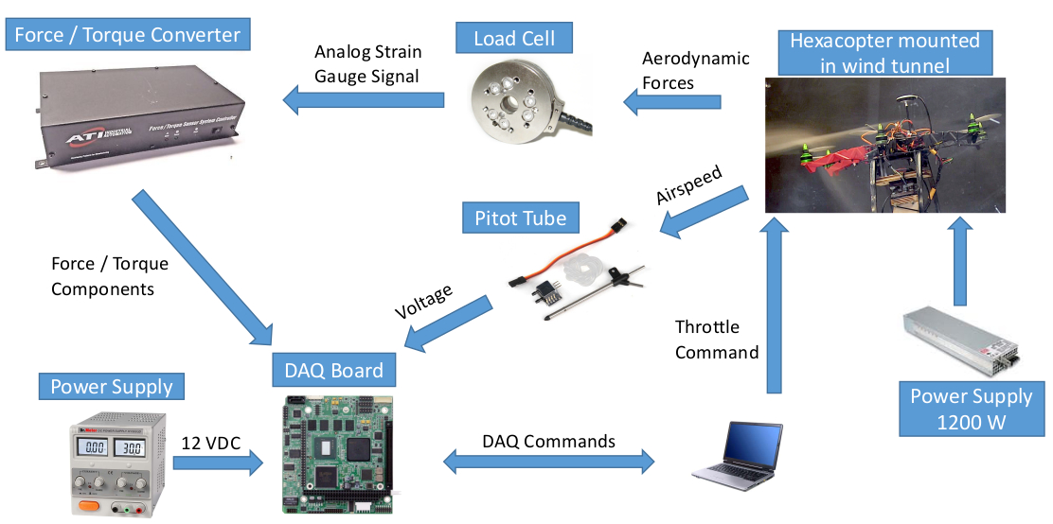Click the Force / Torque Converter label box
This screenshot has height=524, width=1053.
[127, 36]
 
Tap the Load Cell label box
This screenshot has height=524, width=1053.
[513, 39]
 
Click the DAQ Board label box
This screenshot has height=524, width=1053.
[333, 371]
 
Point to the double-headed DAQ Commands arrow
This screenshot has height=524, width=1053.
[549, 462]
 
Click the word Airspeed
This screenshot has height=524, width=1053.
[688, 185]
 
